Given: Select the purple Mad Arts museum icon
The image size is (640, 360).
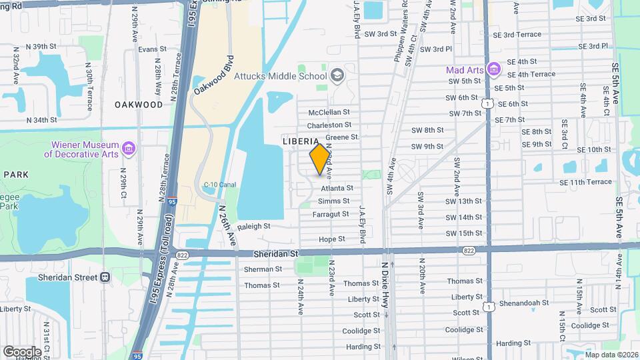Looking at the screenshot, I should click(x=493, y=69).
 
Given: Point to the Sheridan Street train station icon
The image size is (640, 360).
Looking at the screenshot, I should click(x=105, y=277).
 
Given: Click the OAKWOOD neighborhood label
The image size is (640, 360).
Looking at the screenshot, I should click(x=138, y=105).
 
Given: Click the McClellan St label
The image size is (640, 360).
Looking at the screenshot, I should click(x=329, y=113).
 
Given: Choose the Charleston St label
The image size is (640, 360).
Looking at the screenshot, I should click(x=329, y=125).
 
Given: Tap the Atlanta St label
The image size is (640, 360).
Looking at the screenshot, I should click(x=337, y=189).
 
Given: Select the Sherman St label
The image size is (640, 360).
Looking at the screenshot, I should click(x=263, y=269).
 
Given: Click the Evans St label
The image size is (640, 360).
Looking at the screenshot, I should click(x=152, y=49).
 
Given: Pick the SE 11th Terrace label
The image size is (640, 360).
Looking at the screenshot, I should click(x=586, y=182).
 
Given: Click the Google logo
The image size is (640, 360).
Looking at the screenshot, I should click(x=22, y=351).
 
